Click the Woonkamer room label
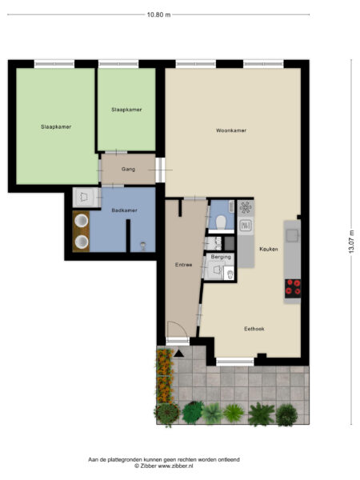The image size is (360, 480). click(230, 130)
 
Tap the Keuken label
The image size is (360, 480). click(268, 250)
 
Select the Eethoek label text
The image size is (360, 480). click(254, 329)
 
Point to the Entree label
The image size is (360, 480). click(183, 265)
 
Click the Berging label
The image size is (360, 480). click(222, 258)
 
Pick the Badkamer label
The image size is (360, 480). click(124, 210)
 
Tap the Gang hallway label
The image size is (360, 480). click(128, 169)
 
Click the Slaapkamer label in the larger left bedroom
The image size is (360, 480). click(56, 126)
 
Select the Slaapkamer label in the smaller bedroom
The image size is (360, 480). click(126, 110)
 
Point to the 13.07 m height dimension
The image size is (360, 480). click(350, 238)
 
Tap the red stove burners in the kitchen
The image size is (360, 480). click(293, 287)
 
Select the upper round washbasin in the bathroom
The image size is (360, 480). click(81, 220)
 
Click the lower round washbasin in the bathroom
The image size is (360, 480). click(81, 241)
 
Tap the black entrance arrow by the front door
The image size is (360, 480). click(179, 351)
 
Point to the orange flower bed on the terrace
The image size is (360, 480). click(164, 376)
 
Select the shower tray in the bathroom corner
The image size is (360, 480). click(82, 195)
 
